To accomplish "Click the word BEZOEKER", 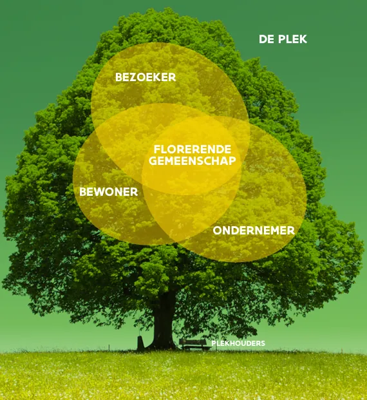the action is coord(146,77).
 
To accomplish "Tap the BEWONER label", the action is coord(108,192).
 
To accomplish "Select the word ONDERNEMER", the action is coord(254,231).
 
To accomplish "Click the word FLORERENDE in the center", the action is coord(193,149).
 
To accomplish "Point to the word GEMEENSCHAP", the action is coord(193,161).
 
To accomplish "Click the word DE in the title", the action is coord(267,39).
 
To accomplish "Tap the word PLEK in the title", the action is coord(292,39).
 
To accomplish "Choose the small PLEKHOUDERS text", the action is coord(238,343).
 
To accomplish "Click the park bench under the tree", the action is coord(193,345).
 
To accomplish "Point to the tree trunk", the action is coord(164,324).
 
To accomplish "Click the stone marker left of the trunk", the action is coord(140,343).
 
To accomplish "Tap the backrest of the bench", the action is coord(193,341).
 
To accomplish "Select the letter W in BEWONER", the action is coord(99,192).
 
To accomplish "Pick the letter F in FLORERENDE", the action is coord(157,149).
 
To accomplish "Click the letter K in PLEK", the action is coord(303,39).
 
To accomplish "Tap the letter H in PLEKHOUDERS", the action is coord(230,343).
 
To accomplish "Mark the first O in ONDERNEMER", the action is coord(218,231).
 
